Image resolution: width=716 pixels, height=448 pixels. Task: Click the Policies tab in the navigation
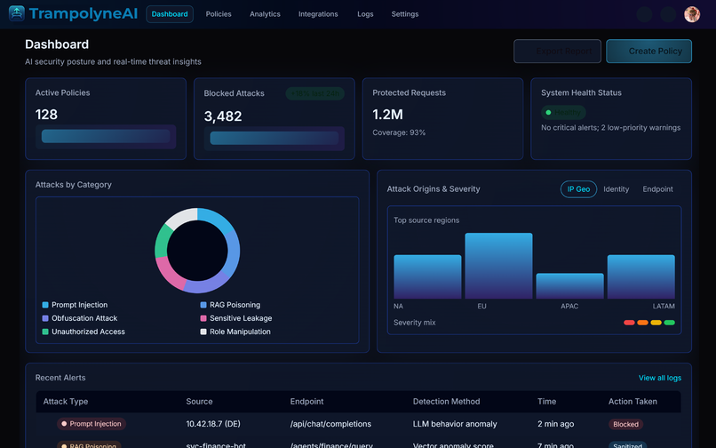click(219, 14)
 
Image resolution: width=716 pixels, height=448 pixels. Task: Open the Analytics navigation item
click(265, 14)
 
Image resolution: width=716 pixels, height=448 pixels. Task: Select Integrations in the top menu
click(318, 14)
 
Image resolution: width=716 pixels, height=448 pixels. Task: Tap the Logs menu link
click(365, 14)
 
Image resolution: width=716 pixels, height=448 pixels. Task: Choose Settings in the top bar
click(405, 14)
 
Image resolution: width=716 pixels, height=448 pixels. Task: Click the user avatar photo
click(692, 14)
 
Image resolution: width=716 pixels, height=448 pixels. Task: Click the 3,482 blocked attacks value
click(223, 116)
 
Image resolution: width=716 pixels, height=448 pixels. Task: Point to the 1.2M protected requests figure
click(387, 114)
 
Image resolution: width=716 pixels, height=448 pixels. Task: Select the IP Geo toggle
click(578, 189)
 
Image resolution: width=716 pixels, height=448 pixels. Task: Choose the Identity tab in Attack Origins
click(617, 189)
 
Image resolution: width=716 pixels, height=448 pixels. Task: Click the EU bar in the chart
click(498, 266)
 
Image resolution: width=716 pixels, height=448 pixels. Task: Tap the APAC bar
click(569, 285)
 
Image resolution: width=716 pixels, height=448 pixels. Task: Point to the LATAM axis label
click(664, 307)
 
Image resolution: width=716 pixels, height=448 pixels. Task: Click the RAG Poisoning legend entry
click(235, 305)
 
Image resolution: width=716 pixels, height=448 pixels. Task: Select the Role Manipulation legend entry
click(240, 332)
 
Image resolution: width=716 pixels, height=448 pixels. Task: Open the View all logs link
click(659, 378)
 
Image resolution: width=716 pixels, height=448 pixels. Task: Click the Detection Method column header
click(446, 402)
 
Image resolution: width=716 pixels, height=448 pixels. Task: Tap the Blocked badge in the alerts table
click(625, 424)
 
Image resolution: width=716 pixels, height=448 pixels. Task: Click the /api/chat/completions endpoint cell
click(330, 424)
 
